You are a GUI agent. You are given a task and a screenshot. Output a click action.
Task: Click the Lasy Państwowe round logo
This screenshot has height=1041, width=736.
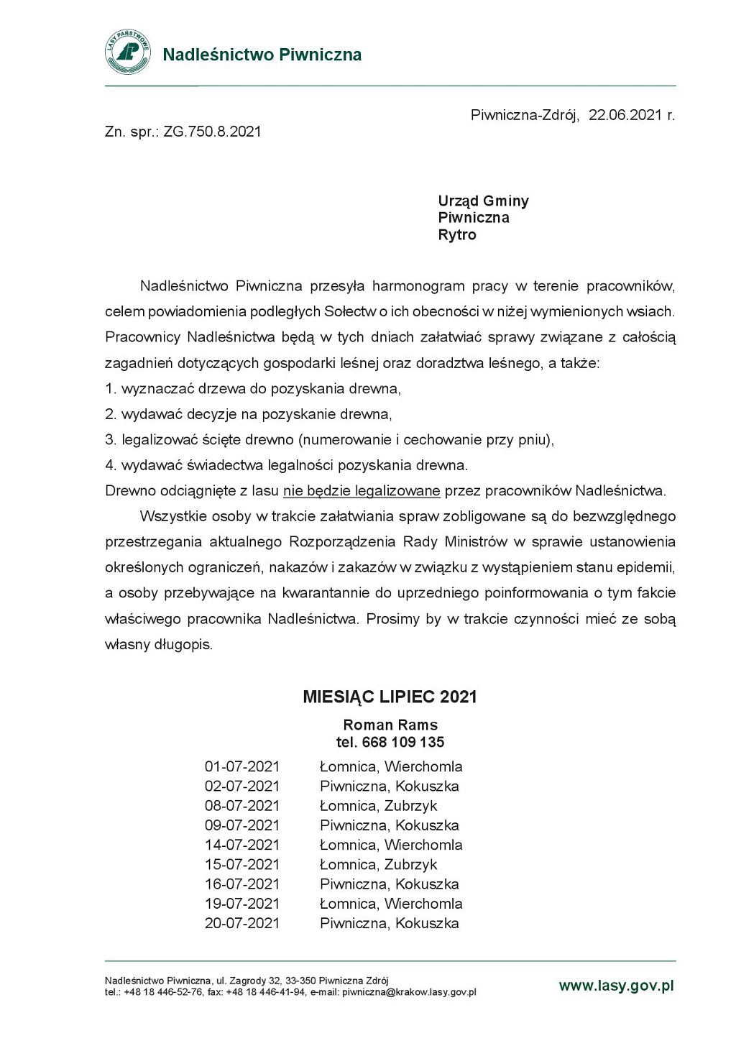(x=128, y=52)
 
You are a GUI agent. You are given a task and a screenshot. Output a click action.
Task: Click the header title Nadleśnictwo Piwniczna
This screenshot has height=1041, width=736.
(x=262, y=55)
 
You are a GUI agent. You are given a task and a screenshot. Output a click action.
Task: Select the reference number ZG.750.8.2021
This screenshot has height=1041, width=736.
(x=213, y=132)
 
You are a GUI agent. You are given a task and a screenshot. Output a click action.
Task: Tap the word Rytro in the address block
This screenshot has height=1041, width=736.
(x=457, y=234)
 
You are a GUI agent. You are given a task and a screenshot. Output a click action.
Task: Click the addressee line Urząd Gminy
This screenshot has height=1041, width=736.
(x=483, y=201)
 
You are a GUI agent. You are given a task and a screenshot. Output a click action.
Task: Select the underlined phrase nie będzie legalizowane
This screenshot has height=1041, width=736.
(x=362, y=491)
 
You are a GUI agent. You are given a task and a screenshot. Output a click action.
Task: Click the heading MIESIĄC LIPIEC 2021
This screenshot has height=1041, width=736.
(x=390, y=697)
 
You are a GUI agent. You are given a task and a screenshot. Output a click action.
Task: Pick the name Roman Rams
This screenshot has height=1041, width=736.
(x=390, y=725)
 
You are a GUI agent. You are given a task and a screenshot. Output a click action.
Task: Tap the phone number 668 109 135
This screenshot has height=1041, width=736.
(x=403, y=742)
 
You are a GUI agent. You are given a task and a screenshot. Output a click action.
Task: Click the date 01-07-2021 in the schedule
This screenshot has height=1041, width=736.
(x=242, y=766)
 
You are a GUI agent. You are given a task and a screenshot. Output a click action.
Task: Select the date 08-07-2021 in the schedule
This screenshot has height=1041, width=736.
(x=242, y=806)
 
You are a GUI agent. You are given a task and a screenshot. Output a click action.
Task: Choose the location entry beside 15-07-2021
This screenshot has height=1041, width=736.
(x=378, y=865)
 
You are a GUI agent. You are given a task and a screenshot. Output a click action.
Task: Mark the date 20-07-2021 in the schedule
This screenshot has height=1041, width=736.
(x=242, y=923)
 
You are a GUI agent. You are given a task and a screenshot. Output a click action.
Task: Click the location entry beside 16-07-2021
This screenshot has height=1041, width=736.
(x=389, y=884)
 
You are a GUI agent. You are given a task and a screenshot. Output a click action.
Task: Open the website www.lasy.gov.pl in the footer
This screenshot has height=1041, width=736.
(x=616, y=986)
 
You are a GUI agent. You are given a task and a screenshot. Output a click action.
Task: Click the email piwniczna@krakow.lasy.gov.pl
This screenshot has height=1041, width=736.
(x=409, y=992)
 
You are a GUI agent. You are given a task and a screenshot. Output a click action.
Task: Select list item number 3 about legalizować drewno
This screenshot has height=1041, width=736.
(x=329, y=440)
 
